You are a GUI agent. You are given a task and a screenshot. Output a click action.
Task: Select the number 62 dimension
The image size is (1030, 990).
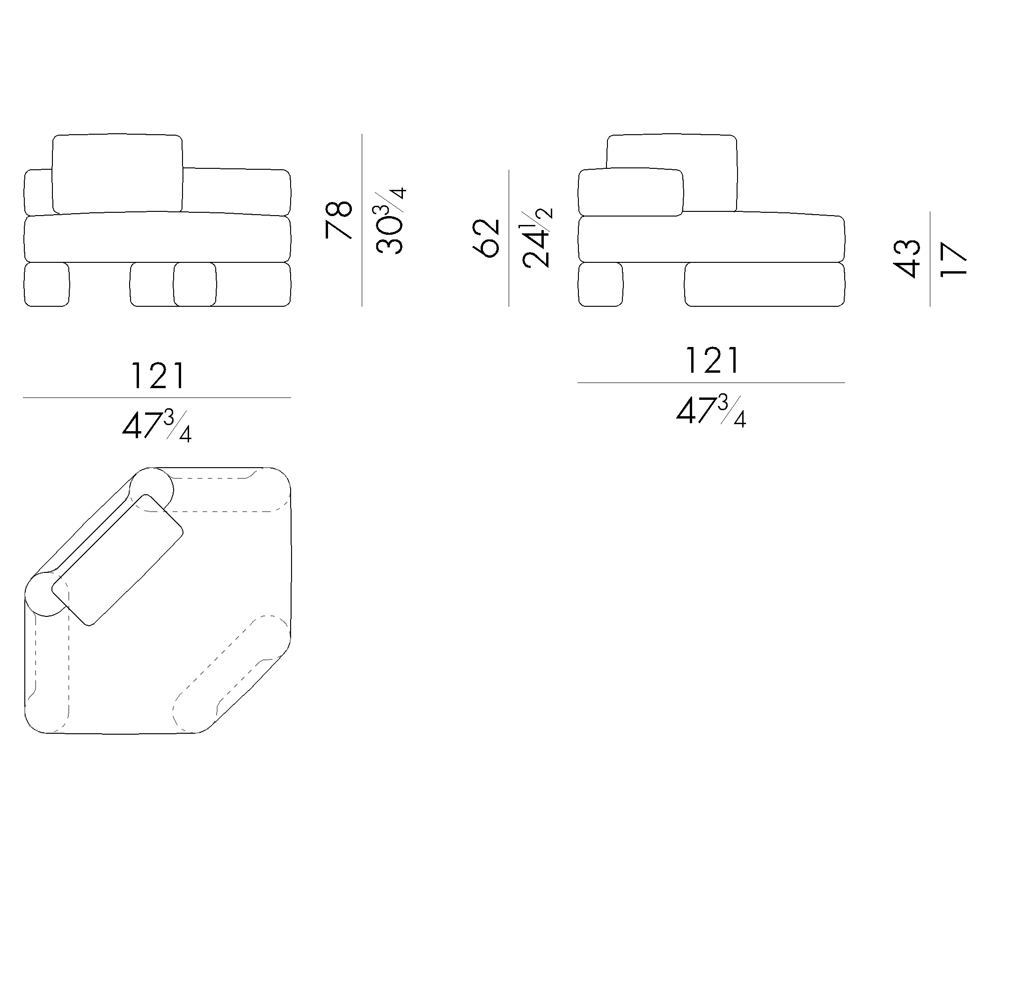(486, 238)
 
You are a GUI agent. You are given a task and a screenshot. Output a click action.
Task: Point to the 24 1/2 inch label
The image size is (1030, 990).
(537, 239)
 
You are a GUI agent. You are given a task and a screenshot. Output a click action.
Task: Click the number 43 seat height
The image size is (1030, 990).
(906, 259)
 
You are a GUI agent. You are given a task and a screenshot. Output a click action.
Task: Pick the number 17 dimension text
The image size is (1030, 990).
(953, 259)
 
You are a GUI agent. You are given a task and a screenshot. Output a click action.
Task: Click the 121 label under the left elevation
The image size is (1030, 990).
(158, 376)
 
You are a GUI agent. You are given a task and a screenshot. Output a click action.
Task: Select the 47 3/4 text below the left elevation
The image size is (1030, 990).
(157, 426)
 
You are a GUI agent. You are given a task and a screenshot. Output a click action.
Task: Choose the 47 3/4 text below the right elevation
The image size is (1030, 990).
(711, 411)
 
